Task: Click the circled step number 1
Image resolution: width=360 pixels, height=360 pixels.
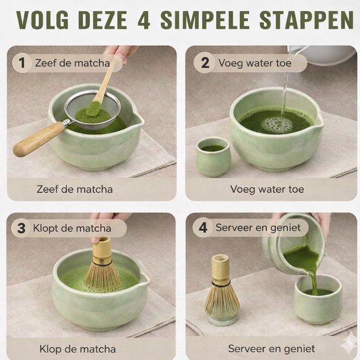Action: click(x=22, y=63)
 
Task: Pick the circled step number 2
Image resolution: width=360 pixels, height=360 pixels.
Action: click(x=204, y=63)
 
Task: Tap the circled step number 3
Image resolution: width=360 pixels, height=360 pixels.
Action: click(x=22, y=229)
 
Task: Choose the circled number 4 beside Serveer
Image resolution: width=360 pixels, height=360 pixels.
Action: click(x=204, y=229)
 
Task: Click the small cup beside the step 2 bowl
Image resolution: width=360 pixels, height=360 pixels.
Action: click(x=213, y=156)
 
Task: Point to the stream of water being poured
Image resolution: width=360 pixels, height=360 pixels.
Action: click(x=285, y=92)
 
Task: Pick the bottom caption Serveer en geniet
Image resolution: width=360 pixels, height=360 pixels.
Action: click(x=270, y=349)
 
